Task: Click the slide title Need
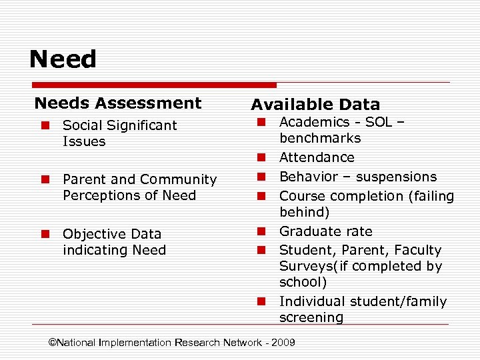[x=63, y=59]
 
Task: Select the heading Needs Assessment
[x=117, y=103]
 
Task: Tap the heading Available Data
[x=315, y=105]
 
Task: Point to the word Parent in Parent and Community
[x=83, y=179]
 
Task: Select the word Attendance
[x=317, y=157]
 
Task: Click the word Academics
[x=314, y=122]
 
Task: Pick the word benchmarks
[x=320, y=139]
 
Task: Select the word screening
[x=311, y=318]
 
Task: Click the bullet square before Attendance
[x=262, y=158]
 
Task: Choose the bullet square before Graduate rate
[x=262, y=232]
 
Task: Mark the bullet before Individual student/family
[x=262, y=302]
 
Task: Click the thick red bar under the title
[x=154, y=85]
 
